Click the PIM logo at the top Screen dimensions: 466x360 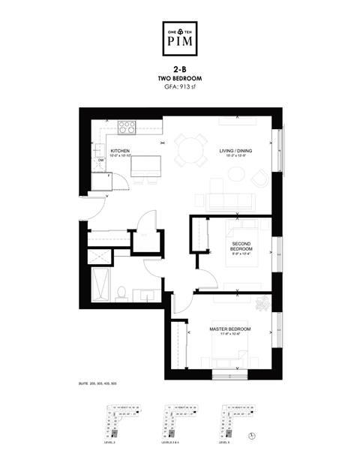point(180,40)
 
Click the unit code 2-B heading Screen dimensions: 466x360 point(180,70)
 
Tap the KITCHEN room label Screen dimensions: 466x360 point(121,152)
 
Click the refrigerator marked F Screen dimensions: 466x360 point(100,181)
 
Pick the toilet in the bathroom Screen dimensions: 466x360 point(121,290)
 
